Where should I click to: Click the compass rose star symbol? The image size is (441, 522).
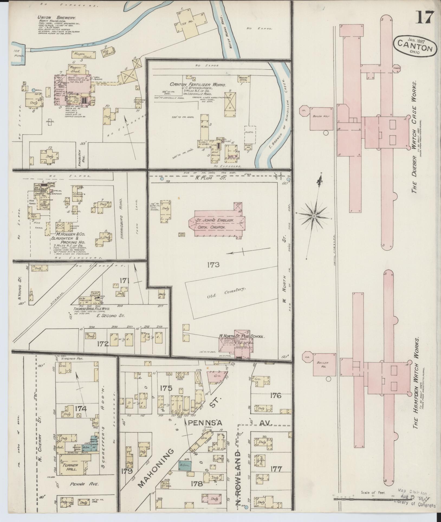[314, 216]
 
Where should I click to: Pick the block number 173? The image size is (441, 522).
[213, 265]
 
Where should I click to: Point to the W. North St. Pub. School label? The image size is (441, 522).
[242, 337]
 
